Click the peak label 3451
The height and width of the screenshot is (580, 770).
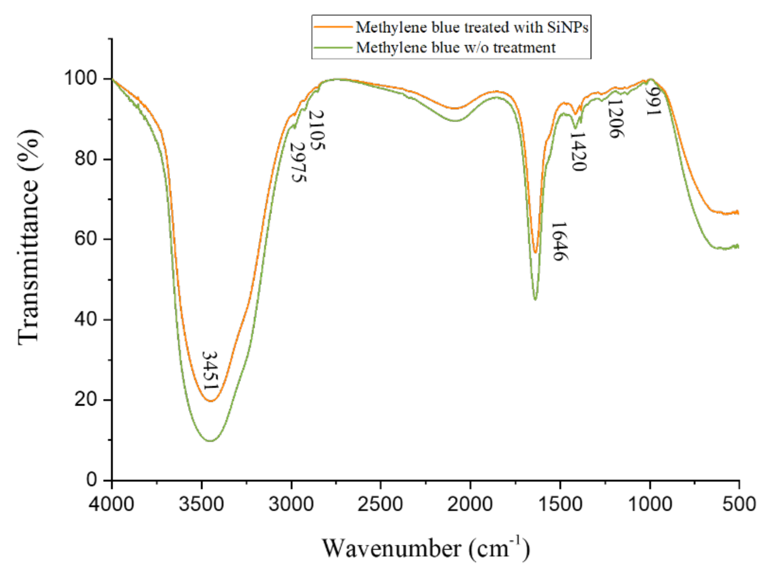click(x=210, y=371)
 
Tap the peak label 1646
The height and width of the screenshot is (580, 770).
click(x=559, y=241)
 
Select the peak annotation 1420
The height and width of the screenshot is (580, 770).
click(x=578, y=151)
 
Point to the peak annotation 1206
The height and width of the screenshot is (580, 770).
click(x=615, y=119)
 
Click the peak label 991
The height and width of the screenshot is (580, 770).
click(x=653, y=101)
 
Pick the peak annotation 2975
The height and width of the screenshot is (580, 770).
click(x=298, y=162)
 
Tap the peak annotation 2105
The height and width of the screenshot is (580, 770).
click(x=317, y=130)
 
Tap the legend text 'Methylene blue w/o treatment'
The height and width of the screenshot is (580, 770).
click(x=456, y=47)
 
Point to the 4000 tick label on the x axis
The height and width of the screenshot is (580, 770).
click(x=112, y=504)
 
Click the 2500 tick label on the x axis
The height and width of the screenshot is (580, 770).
click(x=380, y=504)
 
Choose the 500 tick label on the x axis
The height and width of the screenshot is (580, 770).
click(x=739, y=504)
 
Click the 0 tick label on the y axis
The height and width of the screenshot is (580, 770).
click(x=91, y=480)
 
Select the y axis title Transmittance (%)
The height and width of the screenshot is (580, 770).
click(x=29, y=237)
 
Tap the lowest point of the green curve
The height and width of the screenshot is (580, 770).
click(x=210, y=441)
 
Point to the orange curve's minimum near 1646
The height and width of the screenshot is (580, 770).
click(x=535, y=252)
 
